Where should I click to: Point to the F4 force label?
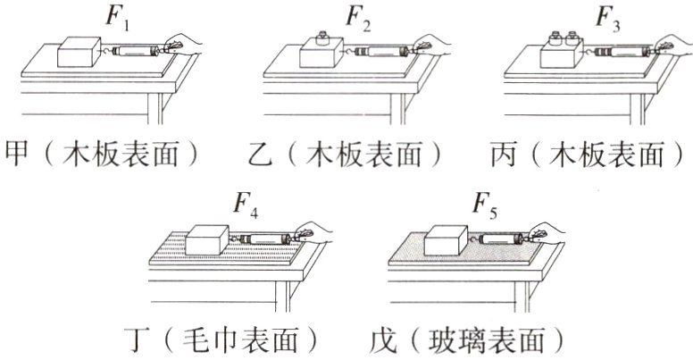tap(246, 205)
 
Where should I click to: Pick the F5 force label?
tap(486, 205)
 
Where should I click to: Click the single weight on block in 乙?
tap(322, 41)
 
